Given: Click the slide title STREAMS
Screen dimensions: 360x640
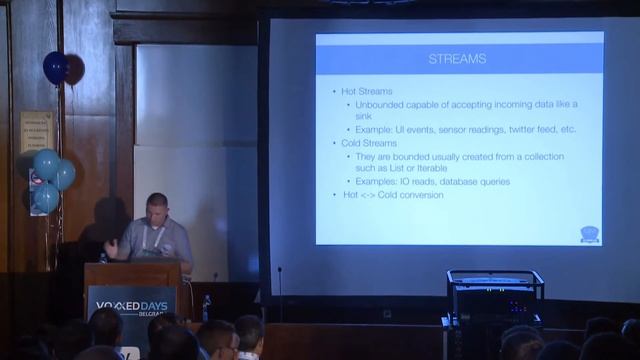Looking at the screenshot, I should point(456,59).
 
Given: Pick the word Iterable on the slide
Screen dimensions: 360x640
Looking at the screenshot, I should point(435,168).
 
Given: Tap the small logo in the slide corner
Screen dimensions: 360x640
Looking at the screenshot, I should point(589,233).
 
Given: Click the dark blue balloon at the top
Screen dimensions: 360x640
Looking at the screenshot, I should point(54,68).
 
